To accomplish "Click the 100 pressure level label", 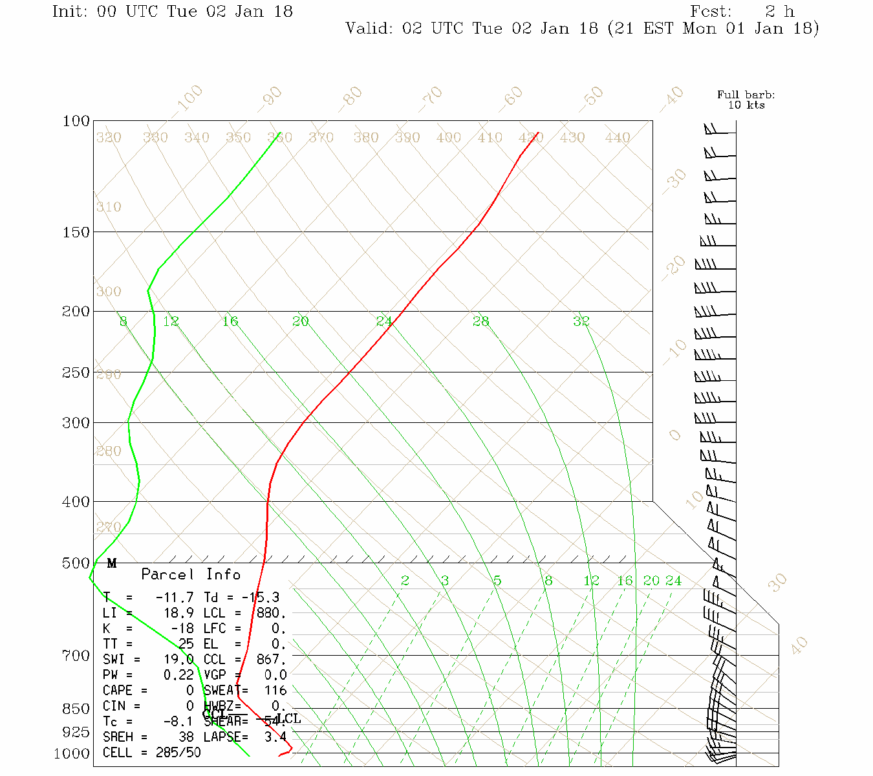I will click(76, 121).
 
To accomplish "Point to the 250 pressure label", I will click(76, 372).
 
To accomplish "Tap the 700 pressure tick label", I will click(76, 656).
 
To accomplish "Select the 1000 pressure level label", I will click(72, 753).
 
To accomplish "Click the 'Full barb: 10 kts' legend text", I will click(746, 100).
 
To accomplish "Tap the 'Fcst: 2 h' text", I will click(742, 12).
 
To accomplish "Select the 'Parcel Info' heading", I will click(191, 574).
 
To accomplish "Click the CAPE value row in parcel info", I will click(149, 691).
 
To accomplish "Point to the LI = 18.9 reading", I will click(149, 613).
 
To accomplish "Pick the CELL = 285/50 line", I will click(152, 753).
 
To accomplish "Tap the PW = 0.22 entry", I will click(149, 675).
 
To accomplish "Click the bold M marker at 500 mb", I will click(112, 563).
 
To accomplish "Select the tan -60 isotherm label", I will click(511, 97).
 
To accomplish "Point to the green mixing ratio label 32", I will click(581, 321).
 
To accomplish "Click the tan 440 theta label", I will click(618, 138).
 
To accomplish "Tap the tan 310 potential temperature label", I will click(109, 207).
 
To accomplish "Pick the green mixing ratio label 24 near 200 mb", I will click(384, 321).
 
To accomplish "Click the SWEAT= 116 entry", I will click(246, 691).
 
